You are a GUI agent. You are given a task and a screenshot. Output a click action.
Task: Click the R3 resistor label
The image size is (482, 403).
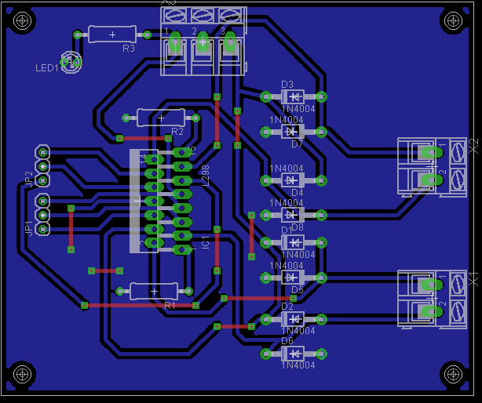tap(129, 49)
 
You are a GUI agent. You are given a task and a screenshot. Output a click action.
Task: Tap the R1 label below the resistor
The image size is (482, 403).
tap(170, 305)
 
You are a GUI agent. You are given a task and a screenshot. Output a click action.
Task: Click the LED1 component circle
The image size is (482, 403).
tap(71, 62)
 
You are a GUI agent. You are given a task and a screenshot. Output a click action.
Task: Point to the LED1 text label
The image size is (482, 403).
tap(46, 68)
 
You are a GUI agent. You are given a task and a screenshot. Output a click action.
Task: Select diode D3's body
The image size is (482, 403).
tap(292, 96)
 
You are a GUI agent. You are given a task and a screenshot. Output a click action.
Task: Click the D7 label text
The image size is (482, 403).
tap(297, 144)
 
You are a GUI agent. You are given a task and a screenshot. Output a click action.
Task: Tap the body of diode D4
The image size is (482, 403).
tap(292, 180)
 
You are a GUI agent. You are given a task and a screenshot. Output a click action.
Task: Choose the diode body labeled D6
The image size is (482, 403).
tap(292, 354)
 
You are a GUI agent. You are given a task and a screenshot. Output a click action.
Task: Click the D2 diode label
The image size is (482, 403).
tap(287, 307)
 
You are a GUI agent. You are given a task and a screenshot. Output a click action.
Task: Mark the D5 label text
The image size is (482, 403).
tap(297, 290)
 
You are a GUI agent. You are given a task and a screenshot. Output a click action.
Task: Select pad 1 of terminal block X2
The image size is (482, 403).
tap(429, 151)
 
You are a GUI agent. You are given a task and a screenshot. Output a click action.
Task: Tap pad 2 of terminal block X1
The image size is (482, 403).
tap(429, 311)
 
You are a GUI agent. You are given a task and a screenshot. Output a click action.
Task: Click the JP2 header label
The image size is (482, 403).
tap(29, 178)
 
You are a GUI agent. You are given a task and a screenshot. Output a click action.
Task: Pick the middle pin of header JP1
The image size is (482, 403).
tap(43, 214)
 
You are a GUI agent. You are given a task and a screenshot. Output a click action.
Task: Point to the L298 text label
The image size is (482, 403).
tap(206, 176)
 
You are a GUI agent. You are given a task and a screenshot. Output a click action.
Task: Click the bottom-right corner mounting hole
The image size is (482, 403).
tap(453, 375)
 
